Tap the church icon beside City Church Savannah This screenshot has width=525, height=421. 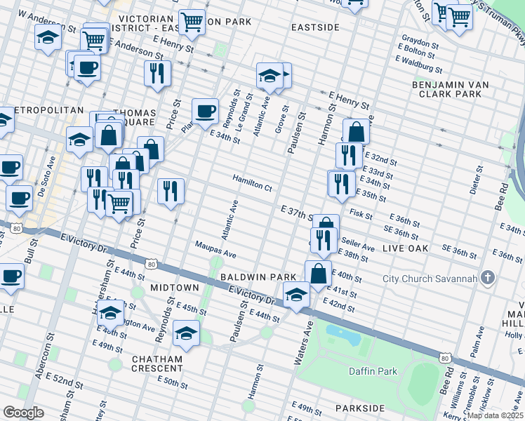(484, 279)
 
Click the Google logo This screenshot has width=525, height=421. (24, 413)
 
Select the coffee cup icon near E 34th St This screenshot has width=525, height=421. (205, 110)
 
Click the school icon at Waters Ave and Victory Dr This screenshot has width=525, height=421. (296, 295)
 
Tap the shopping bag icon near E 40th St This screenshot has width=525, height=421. (318, 272)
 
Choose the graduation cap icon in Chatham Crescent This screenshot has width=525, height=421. (187, 333)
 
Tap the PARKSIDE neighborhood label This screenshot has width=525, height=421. (360, 408)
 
